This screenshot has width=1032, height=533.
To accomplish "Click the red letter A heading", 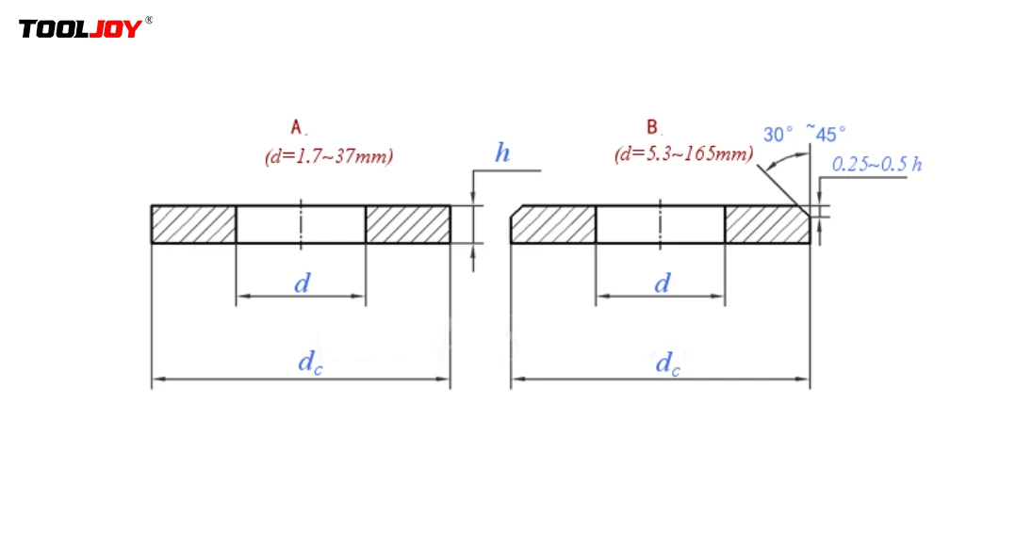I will tap(296, 126).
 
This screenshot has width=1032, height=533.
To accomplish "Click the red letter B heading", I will tap(652, 126).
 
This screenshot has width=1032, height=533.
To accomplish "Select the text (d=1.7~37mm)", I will tap(328, 155).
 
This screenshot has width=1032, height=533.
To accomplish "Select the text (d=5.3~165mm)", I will tap(683, 154).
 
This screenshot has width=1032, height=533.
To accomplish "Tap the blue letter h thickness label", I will tap(502, 153).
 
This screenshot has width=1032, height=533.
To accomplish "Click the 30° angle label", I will tap(778, 135).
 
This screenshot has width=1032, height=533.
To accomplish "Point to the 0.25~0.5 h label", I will tap(876, 164).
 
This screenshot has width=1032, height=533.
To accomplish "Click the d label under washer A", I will tap(302, 283).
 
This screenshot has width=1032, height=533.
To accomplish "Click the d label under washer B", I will tap(663, 283).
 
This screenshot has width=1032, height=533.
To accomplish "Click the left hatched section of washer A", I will tap(193, 224).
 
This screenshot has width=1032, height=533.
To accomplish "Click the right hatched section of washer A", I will tap(407, 224).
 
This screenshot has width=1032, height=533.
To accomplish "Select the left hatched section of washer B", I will tap(553, 224).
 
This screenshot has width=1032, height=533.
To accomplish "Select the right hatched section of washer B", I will tap(766, 224).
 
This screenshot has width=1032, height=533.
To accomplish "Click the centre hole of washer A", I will tap(301, 224).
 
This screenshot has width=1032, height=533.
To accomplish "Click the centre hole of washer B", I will tap(660, 224).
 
